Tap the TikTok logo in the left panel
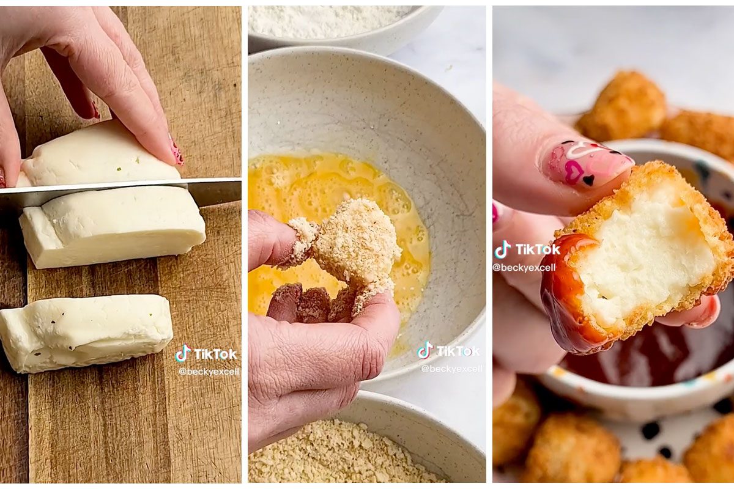point(206,354)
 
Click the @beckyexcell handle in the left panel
point(209,372)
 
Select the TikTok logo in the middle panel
point(448,350)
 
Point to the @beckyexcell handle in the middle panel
point(451,369)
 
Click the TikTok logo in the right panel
point(527,249)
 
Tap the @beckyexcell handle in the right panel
point(524,268)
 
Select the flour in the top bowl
point(328,20)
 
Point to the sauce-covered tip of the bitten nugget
point(570,295)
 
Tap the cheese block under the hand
point(98,154)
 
